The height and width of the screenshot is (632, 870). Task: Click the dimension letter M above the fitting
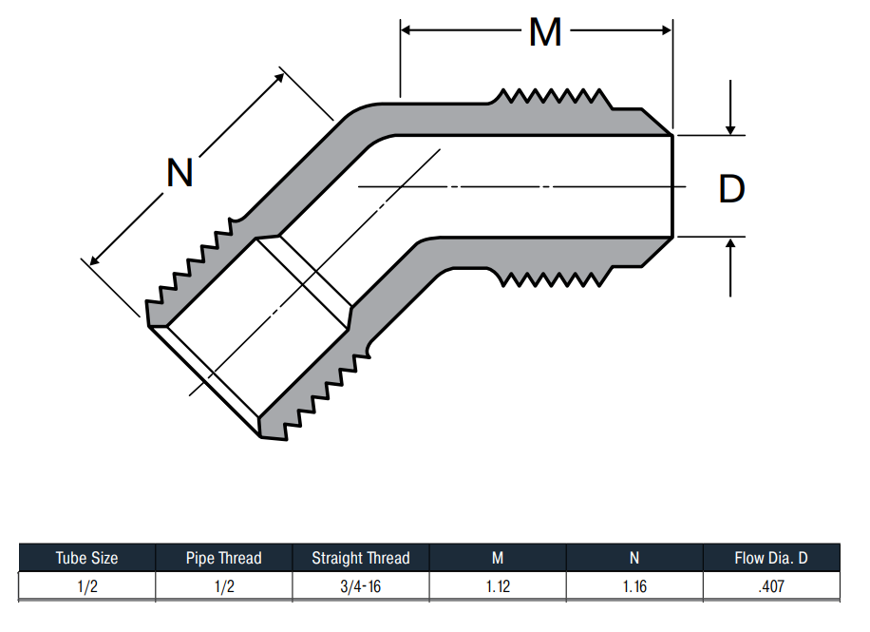(545, 32)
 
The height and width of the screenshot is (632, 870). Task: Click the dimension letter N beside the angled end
(180, 173)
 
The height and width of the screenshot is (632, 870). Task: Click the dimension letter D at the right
(731, 189)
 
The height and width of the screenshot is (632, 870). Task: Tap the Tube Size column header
(87, 558)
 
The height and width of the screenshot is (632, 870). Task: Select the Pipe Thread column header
(223, 558)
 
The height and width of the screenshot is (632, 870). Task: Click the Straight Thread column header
(361, 558)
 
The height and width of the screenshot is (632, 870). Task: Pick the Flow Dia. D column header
(771, 558)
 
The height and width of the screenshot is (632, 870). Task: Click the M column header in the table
(498, 558)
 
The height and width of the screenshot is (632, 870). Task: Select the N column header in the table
(634, 558)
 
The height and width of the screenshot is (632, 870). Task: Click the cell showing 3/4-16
(361, 586)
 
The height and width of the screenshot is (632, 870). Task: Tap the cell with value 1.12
(498, 586)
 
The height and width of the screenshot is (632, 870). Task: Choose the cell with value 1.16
(634, 586)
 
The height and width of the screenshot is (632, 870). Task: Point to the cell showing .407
(771, 586)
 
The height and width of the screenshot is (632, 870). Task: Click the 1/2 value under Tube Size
(87, 586)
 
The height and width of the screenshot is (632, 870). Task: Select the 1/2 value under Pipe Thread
(223, 586)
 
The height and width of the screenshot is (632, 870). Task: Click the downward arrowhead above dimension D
(730, 130)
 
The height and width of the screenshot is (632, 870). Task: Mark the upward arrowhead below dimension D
(730, 242)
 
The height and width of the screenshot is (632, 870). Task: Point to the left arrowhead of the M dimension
(406, 30)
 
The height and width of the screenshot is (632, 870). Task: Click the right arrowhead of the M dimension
(667, 30)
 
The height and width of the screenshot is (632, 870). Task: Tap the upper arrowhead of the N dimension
(280, 77)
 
